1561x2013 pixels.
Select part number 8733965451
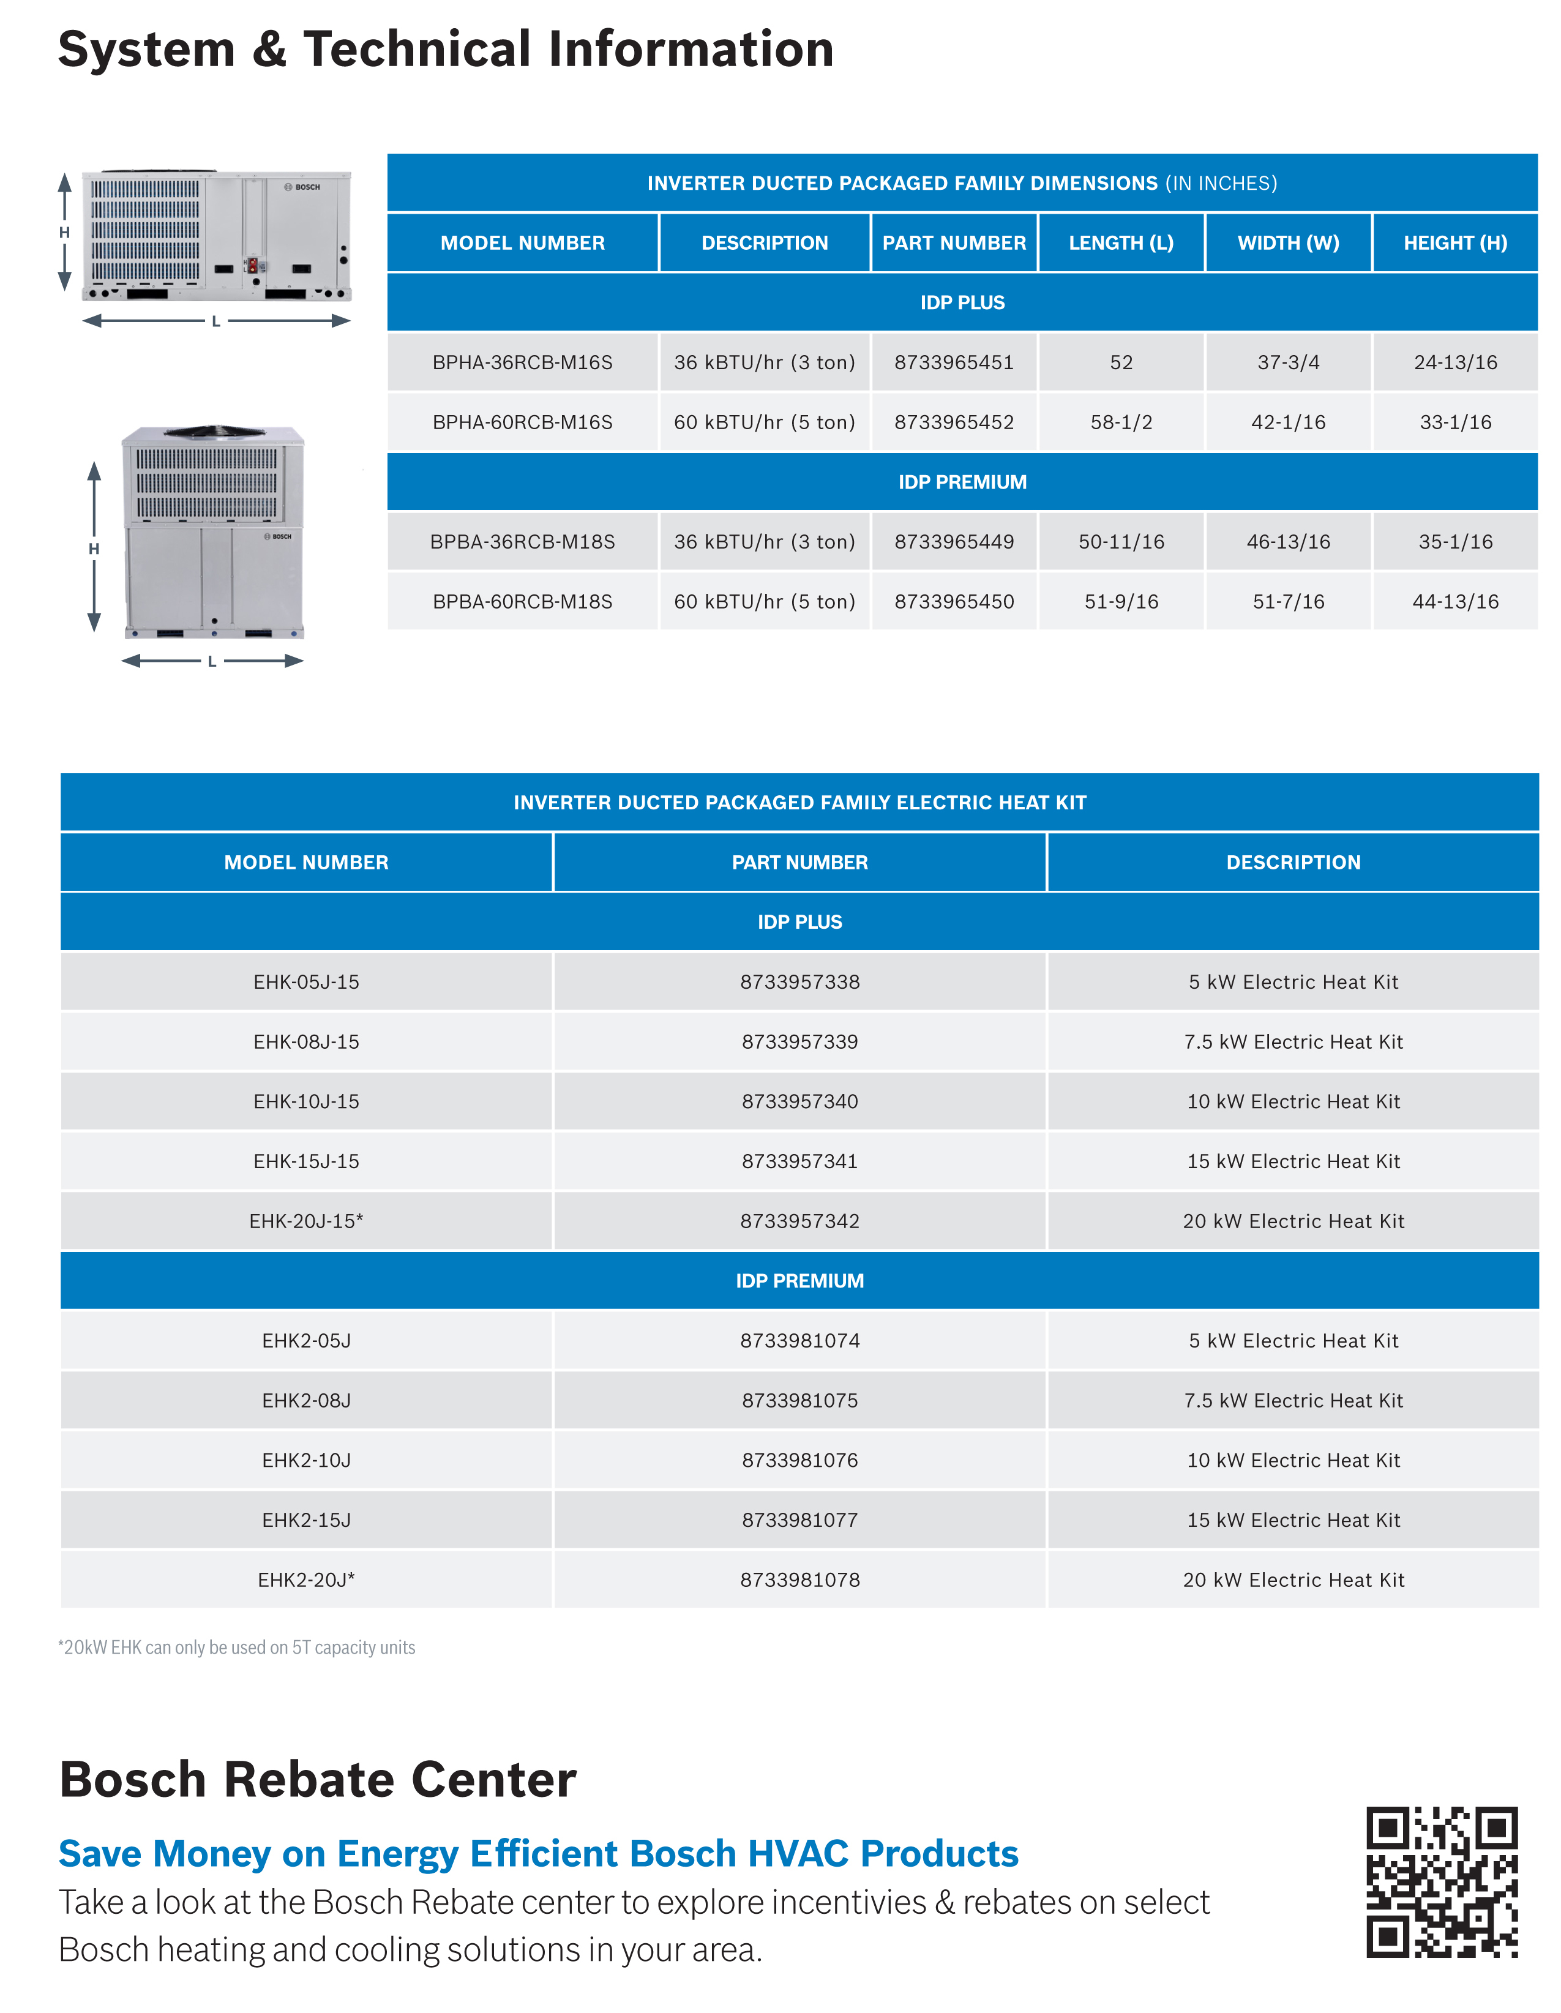pyautogui.click(x=954, y=362)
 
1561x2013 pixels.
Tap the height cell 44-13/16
pyautogui.click(x=1455, y=601)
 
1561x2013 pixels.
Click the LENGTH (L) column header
pyautogui.click(x=1120, y=242)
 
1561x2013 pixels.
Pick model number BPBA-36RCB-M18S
pyautogui.click(x=523, y=541)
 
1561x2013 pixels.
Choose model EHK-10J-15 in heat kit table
pyautogui.click(x=306, y=1101)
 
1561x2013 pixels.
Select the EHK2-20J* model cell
pyautogui.click(x=306, y=1580)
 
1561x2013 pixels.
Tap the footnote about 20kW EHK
pyautogui.click(x=237, y=1647)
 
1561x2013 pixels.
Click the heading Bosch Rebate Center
pyautogui.click(x=318, y=1779)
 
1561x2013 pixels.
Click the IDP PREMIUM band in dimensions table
pyautogui.click(x=962, y=482)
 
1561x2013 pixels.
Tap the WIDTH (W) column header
pyautogui.click(x=1287, y=242)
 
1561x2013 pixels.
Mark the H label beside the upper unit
pyautogui.click(x=64, y=232)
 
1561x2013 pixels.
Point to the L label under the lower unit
pyautogui.click(x=212, y=661)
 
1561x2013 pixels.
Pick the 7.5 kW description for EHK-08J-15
pyautogui.click(x=1293, y=1041)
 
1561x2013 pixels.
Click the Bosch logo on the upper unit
pyautogui.click(x=303, y=187)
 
